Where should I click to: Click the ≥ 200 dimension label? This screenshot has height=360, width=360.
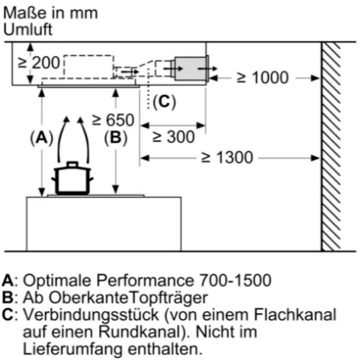[39, 63]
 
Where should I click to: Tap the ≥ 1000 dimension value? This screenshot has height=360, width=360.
[262, 78]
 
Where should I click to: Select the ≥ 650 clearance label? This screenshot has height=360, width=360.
[113, 120]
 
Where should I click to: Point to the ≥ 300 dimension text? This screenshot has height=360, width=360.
[174, 137]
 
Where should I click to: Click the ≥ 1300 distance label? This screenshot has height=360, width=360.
[227, 158]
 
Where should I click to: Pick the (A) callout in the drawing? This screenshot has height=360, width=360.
[42, 138]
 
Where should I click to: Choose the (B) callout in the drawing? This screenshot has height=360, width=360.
[116, 138]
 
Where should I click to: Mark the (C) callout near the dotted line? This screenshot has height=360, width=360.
[164, 102]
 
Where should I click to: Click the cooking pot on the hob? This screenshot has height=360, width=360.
[72, 178]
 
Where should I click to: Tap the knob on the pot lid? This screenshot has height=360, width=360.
[72, 164]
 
